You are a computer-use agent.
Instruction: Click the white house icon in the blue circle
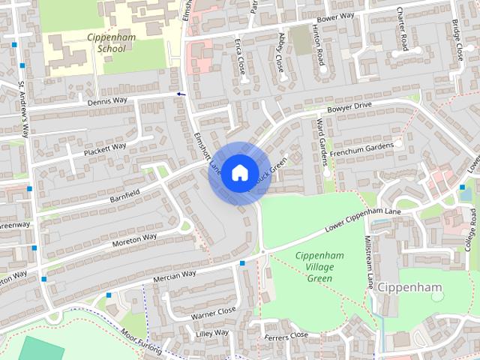pos(238,172)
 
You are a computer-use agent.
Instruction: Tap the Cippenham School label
pos(111,42)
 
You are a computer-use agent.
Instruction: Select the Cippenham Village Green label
pos(319,267)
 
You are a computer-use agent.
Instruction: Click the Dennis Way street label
pos(107,100)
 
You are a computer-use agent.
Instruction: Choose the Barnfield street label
pos(124,193)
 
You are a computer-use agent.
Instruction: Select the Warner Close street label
pos(213,309)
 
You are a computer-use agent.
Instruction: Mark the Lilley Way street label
pos(211,332)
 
